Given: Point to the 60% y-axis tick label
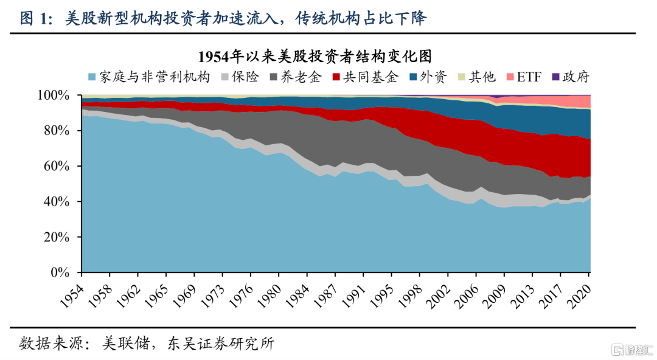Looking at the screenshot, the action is tap(57, 167).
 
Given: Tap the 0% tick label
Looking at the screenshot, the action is tap(60, 272).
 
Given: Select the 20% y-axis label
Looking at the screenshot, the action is tap(57, 237).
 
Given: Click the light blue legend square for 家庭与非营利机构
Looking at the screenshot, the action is tap(92, 77).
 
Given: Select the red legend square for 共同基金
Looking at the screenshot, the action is tap(336, 77).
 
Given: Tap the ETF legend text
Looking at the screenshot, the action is tap(529, 77).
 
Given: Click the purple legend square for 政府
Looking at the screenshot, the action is tap(555, 77).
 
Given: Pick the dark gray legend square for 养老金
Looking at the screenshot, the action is tap(274, 77).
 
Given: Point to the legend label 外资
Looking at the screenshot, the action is tap(434, 77).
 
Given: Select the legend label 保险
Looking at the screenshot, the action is tap(245, 77).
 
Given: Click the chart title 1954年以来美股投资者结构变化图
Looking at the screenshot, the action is tap(315, 56).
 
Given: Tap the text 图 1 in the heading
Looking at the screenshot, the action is tap(33, 18).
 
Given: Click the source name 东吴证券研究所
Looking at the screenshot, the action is tap(221, 344).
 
